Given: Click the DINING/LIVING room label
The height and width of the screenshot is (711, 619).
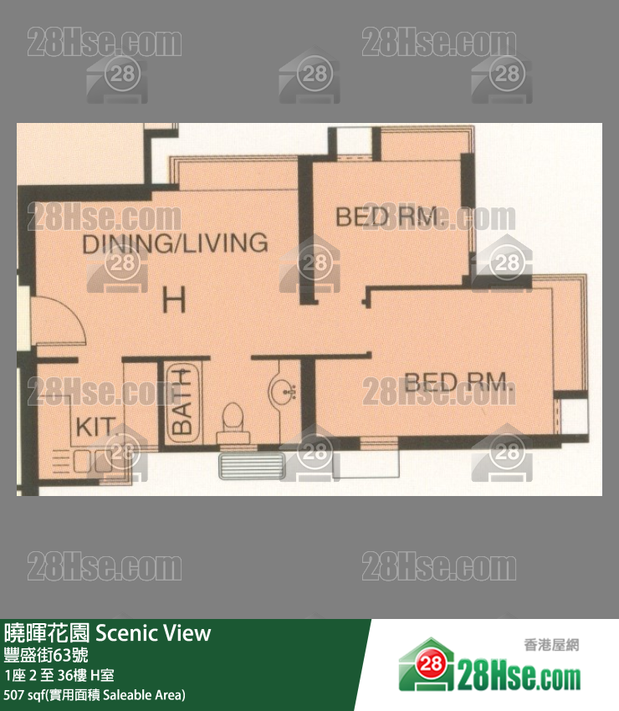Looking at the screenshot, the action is pyautogui.click(x=175, y=243).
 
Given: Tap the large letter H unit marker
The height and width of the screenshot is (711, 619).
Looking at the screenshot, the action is pyautogui.click(x=175, y=300).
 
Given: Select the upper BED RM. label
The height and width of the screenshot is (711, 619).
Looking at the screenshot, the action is pyautogui.click(x=387, y=217).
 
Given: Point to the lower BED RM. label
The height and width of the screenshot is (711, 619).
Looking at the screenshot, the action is pyautogui.click(x=459, y=382).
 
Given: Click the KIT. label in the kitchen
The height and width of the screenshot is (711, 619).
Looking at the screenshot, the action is pyautogui.click(x=95, y=427).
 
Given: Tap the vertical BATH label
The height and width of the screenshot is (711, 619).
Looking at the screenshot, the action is pyautogui.click(x=182, y=402).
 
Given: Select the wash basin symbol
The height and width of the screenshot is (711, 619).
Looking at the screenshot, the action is pyautogui.click(x=283, y=390).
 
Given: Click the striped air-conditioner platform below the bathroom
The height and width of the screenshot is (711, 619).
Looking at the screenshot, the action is pyautogui.click(x=252, y=465).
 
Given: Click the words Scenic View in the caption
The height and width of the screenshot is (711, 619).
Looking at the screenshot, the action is pyautogui.click(x=153, y=633).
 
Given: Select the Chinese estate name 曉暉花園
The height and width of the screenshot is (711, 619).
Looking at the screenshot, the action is pyautogui.click(x=47, y=633).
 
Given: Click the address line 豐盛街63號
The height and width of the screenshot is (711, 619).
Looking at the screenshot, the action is pyautogui.click(x=46, y=655).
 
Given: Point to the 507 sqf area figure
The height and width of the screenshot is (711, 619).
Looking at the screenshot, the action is pyautogui.click(x=23, y=694).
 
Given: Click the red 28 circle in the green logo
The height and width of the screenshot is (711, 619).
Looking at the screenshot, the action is pyautogui.click(x=431, y=663).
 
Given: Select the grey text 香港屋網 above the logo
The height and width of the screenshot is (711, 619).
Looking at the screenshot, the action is pyautogui.click(x=551, y=645).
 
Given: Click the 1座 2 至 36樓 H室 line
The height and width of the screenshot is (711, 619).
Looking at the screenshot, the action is pyautogui.click(x=59, y=675).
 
